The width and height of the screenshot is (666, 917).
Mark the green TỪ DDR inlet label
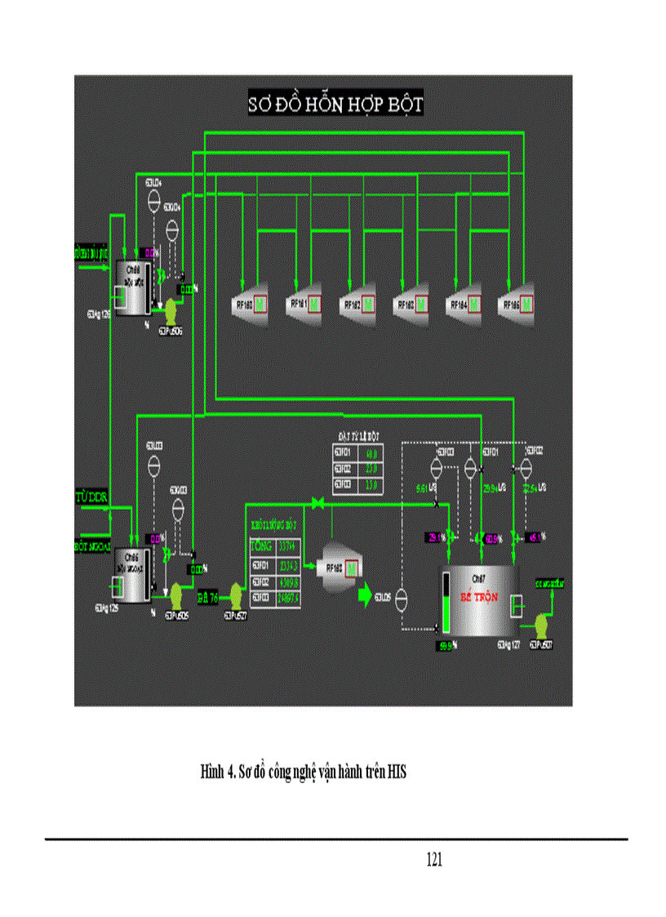click(x=91, y=496)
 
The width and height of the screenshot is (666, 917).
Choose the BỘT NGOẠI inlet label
click(x=91, y=545)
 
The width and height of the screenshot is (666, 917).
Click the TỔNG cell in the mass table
click(x=261, y=547)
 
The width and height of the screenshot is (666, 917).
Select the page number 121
click(x=434, y=860)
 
